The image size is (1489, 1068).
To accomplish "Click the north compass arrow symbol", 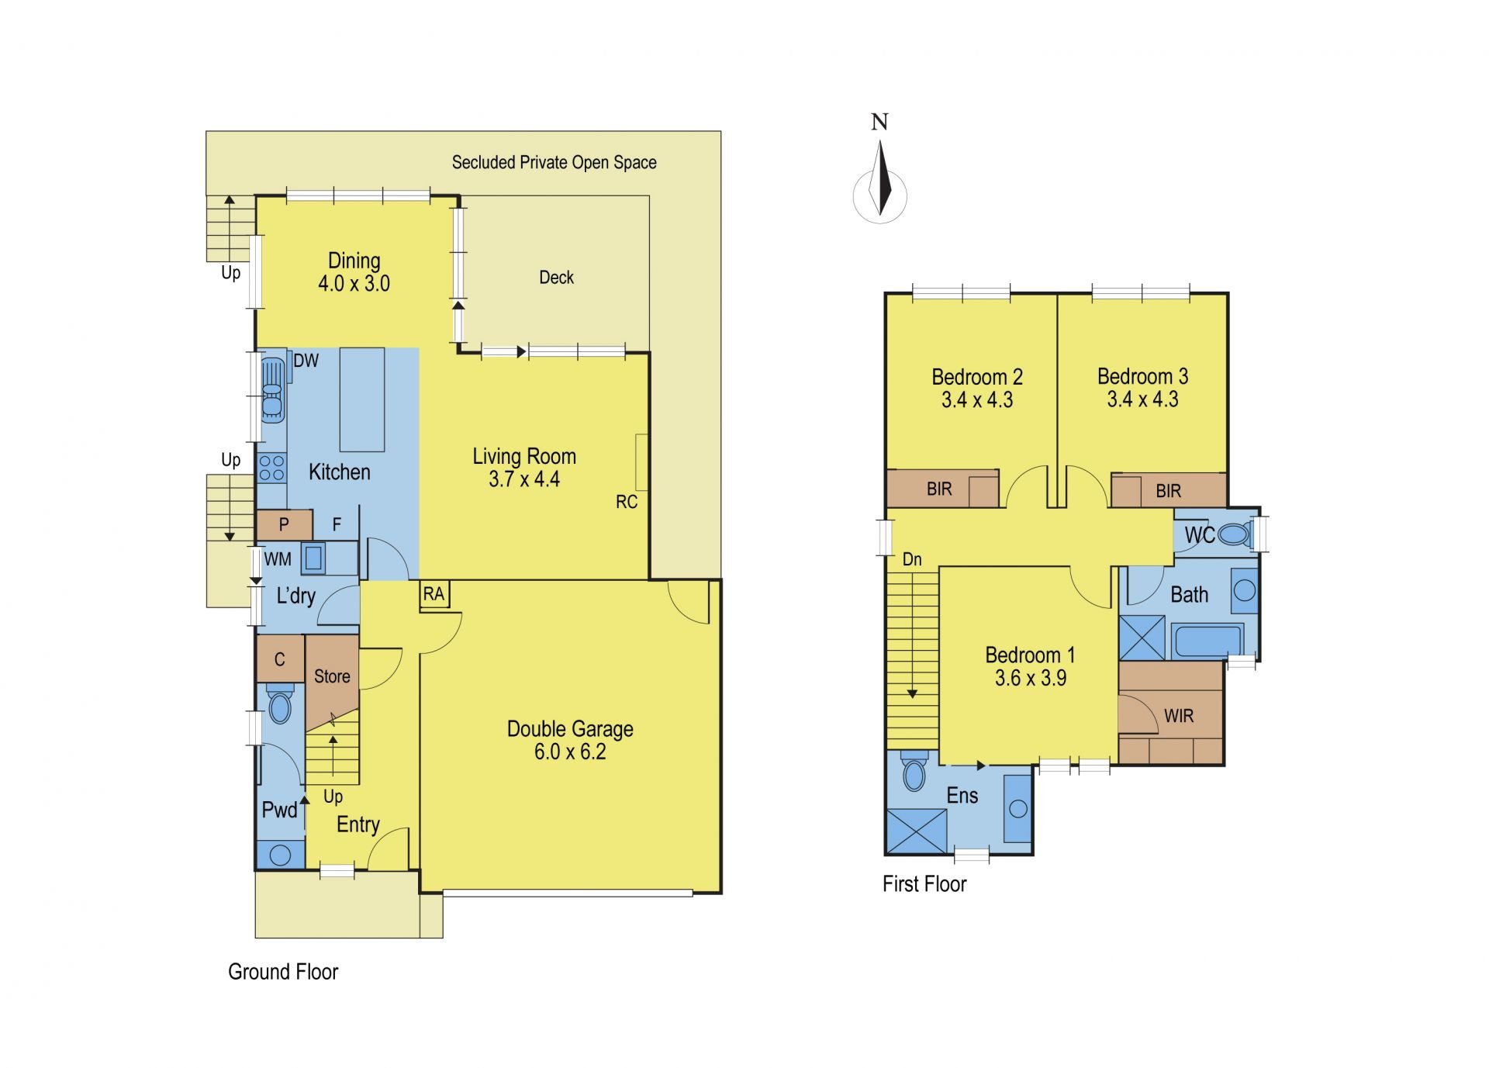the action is click(879, 181).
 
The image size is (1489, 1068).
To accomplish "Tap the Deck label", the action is click(556, 278).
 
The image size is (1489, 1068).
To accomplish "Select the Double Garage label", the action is click(570, 729).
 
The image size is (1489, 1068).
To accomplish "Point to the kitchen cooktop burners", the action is click(271, 468).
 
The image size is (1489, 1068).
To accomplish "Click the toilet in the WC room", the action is click(1234, 534).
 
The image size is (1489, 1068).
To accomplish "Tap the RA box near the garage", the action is click(434, 595).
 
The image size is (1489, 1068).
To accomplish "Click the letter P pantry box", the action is click(284, 525).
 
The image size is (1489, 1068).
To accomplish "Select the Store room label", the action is click(332, 676).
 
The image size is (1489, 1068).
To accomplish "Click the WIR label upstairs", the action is click(1178, 716).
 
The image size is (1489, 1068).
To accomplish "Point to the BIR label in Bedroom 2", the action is click(939, 489).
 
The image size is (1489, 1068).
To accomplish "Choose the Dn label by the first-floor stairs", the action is click(912, 559).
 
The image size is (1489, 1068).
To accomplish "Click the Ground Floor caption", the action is click(283, 972).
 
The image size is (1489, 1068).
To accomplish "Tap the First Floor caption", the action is click(924, 884).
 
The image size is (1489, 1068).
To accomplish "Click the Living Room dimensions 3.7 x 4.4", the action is click(524, 479).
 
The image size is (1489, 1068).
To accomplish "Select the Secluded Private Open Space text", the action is click(554, 163).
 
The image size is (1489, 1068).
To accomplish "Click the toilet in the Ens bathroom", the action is click(915, 772).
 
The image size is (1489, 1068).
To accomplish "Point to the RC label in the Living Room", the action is click(627, 502).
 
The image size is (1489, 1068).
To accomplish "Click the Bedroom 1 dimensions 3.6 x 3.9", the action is click(1031, 678).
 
